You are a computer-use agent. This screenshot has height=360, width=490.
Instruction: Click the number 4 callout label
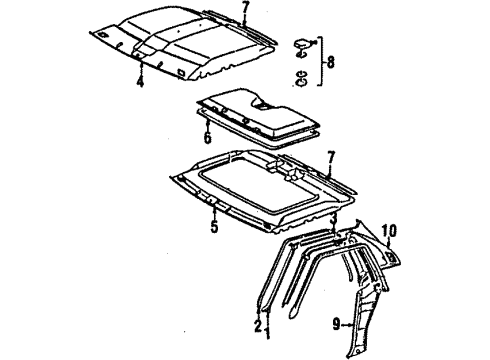[140, 84]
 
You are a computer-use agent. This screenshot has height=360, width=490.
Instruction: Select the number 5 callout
[213, 225]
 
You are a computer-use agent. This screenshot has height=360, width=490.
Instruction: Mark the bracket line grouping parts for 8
[321, 61]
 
